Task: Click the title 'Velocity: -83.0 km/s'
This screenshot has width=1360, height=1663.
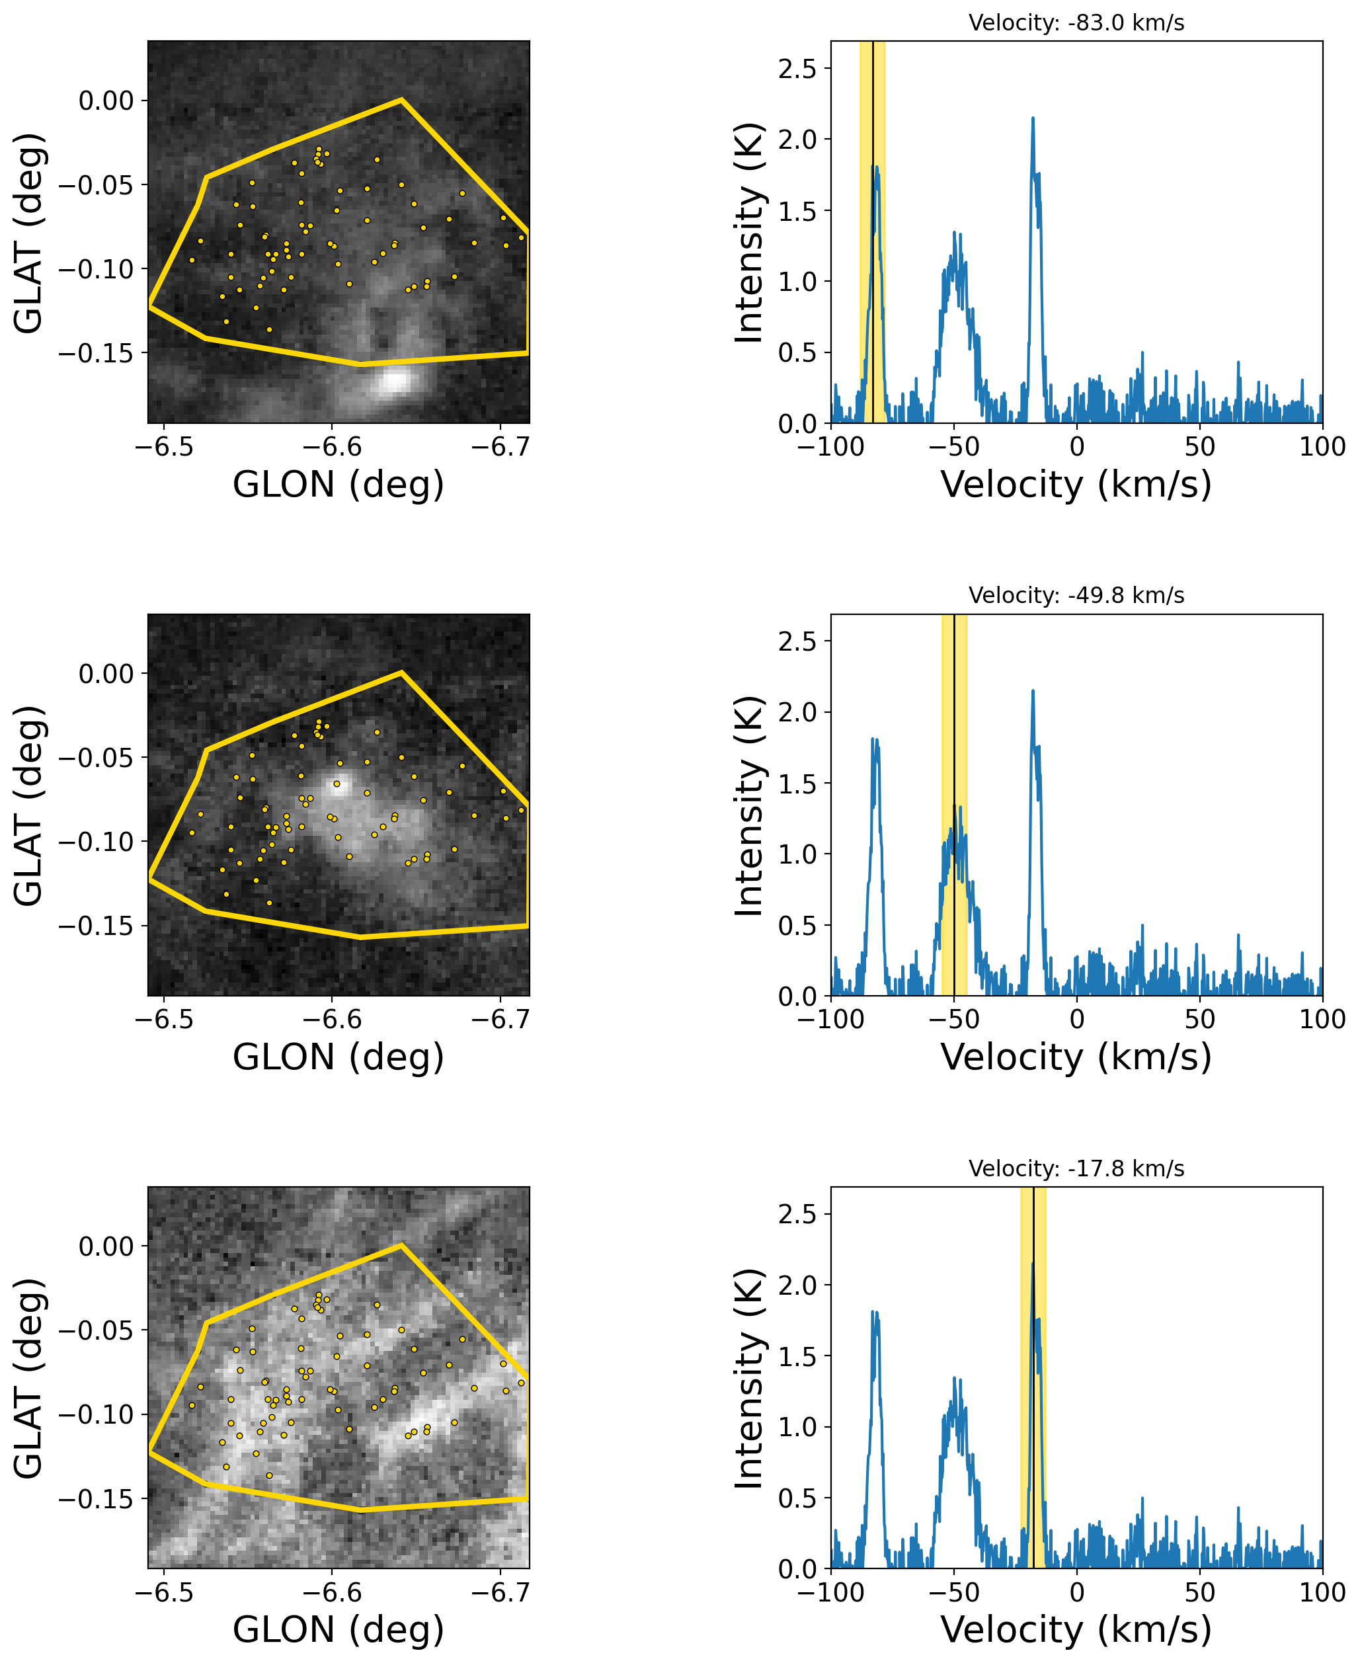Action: [1076, 22]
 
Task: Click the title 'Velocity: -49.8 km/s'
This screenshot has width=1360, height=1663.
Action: [1076, 595]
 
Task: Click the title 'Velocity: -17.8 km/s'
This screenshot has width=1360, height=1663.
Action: [1076, 1168]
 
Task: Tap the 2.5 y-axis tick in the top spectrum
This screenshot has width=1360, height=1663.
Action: [797, 69]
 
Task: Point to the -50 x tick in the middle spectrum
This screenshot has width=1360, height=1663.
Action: [953, 1019]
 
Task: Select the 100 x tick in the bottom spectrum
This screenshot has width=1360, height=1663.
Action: [1322, 1592]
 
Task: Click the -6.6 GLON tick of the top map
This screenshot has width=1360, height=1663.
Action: [331, 447]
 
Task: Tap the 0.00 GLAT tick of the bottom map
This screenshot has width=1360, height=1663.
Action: [106, 1246]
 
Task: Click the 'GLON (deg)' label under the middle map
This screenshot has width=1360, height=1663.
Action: [339, 1057]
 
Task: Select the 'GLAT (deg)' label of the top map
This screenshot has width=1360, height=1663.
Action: [29, 233]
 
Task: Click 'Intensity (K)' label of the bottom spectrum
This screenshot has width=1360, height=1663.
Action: [749, 1379]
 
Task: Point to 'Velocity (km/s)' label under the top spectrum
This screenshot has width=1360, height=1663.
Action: [1076, 485]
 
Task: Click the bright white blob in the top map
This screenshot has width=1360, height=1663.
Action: [394, 381]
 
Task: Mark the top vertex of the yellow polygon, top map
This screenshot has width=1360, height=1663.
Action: [401, 99]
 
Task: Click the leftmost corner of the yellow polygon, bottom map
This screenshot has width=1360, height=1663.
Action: [149, 1451]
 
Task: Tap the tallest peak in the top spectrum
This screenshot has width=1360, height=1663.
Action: [1033, 119]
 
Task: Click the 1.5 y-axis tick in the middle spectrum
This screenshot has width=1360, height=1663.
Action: [797, 784]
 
